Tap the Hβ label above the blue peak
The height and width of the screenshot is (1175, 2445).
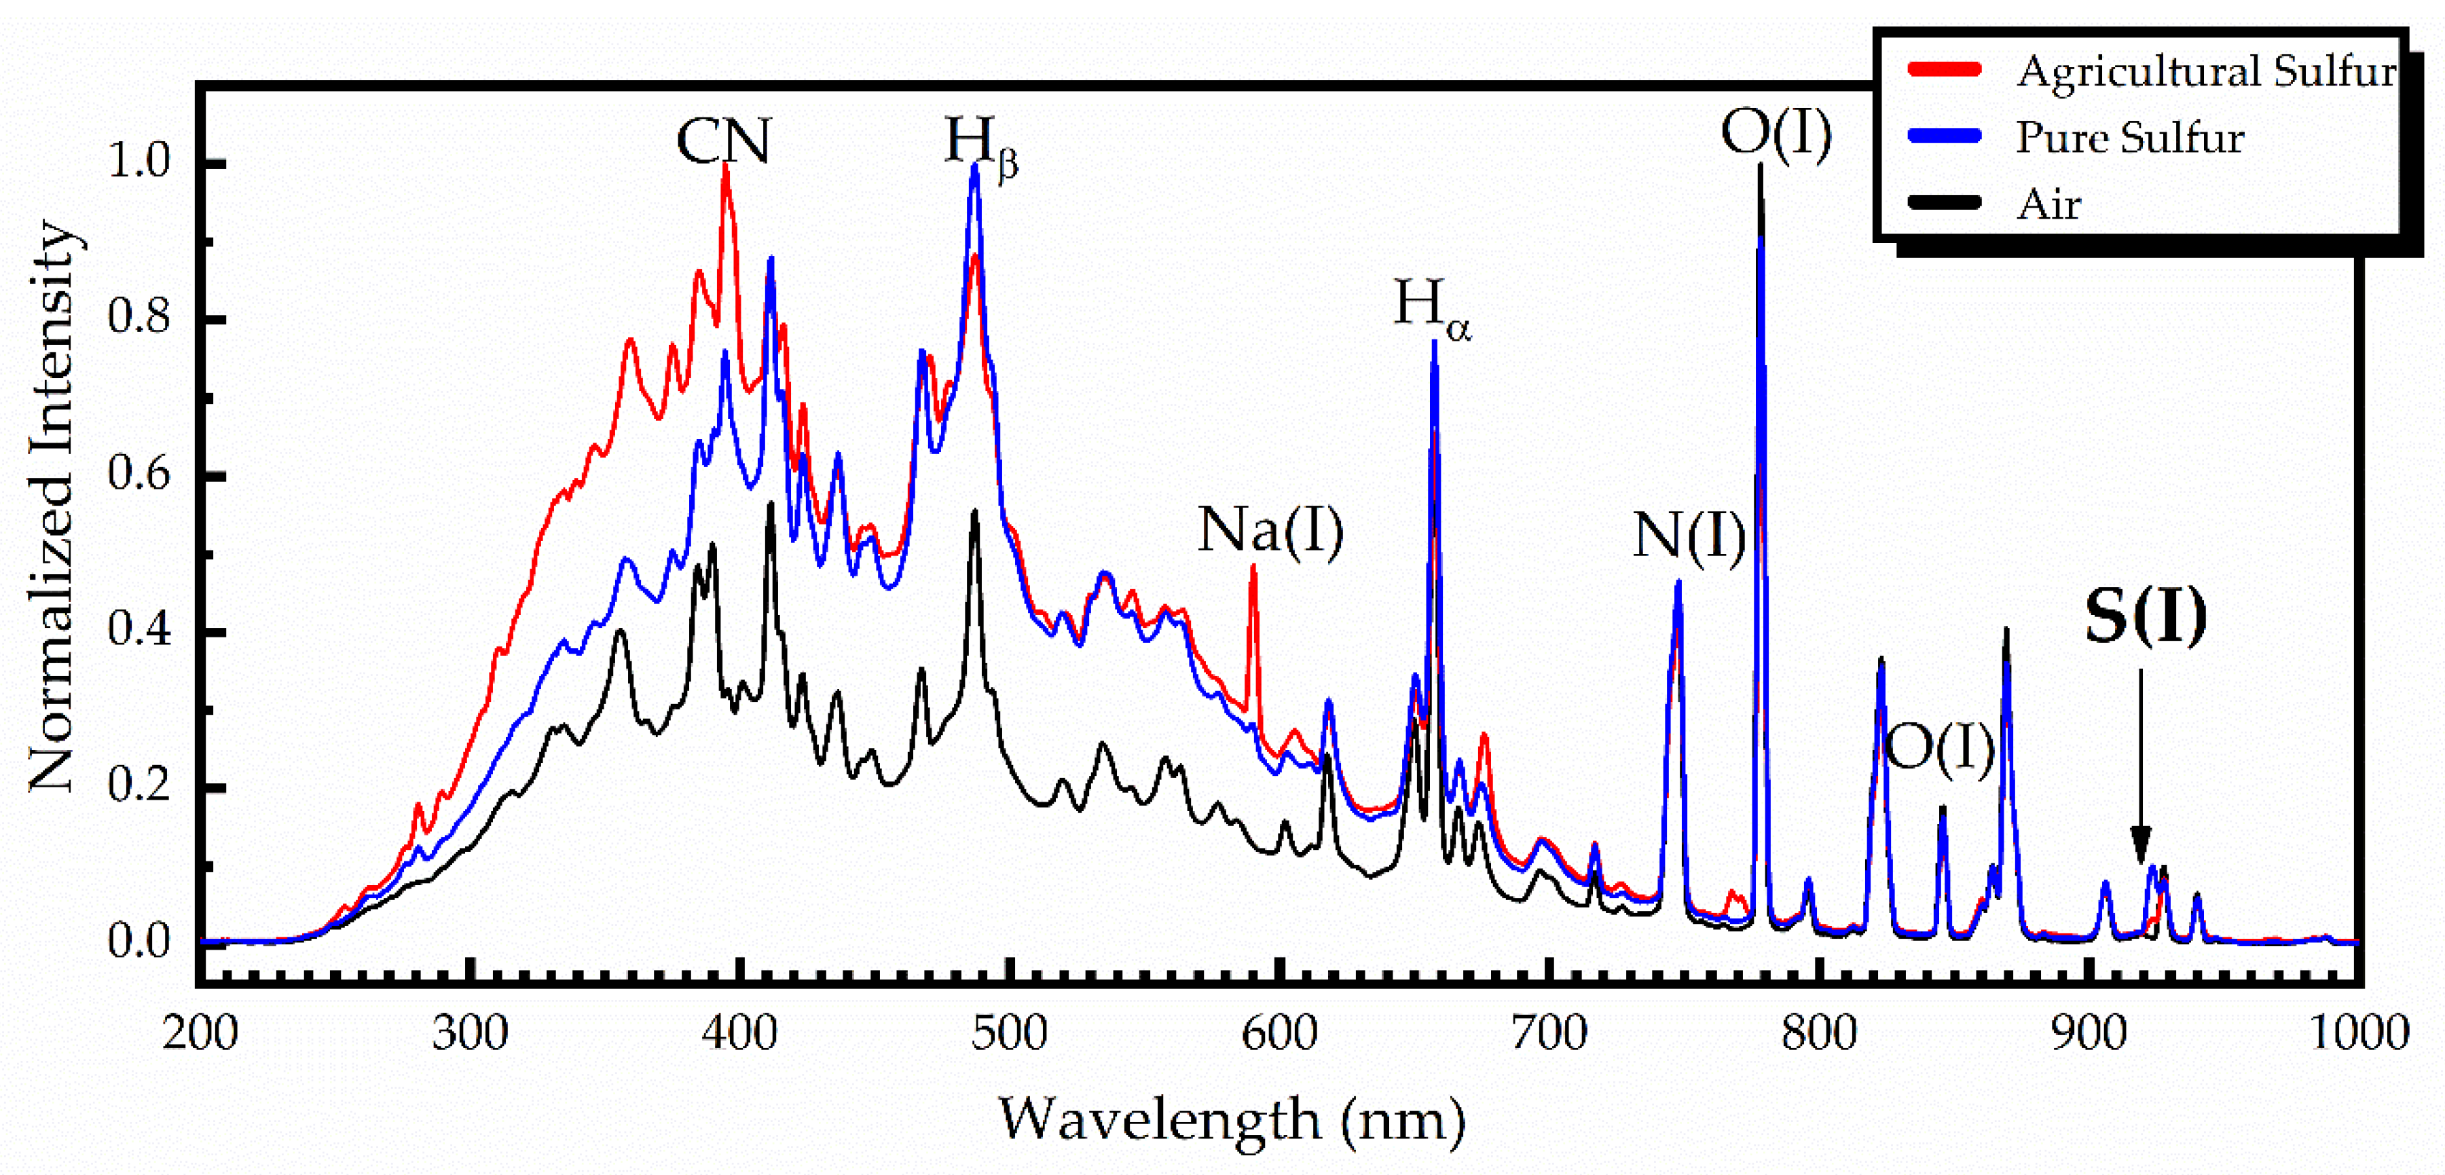[980, 145]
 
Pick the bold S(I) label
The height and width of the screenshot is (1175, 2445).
[2145, 617]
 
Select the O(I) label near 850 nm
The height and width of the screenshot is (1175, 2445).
[1939, 748]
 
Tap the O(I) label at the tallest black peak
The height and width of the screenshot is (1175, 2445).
[1775, 133]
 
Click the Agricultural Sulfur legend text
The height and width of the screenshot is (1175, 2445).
[2205, 71]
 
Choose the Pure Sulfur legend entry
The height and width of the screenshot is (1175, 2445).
[2129, 138]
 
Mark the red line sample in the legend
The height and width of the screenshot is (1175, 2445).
[1944, 69]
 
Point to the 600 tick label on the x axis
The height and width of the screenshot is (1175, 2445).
[1279, 1032]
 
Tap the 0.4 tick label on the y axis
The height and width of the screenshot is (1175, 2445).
[139, 629]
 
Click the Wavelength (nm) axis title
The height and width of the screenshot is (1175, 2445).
[1231, 1120]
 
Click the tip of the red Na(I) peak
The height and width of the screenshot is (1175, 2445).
[1253, 567]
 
